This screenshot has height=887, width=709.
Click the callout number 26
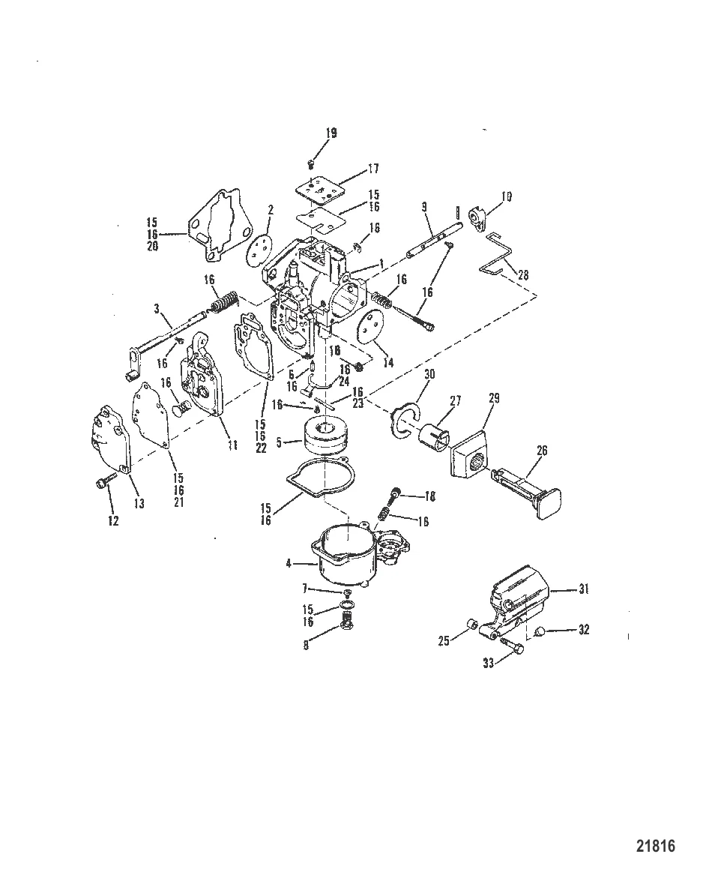[x=541, y=451]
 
